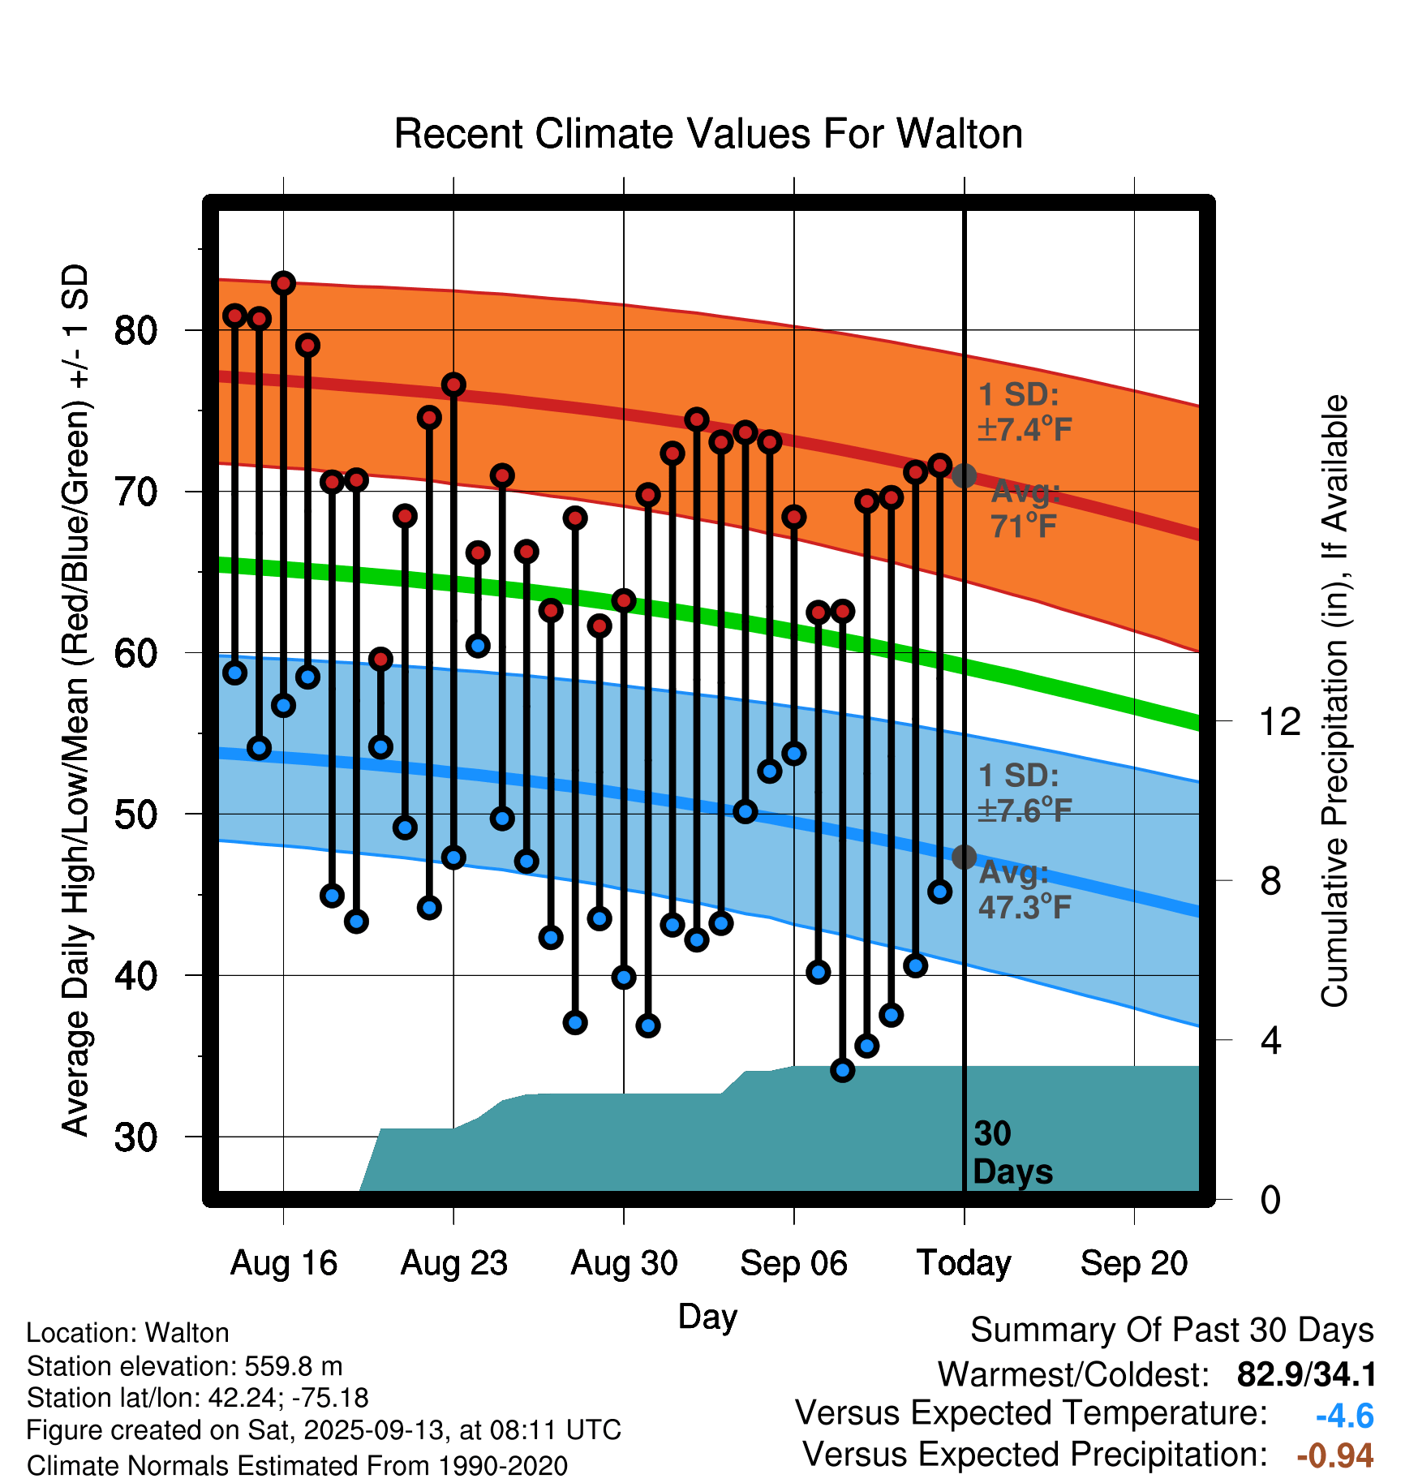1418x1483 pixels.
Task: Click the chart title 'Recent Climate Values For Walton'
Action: pos(707,134)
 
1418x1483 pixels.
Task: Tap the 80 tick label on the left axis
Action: pos(135,330)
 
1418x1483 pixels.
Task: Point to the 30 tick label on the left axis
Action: pos(135,1137)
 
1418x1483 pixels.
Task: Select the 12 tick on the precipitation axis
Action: pos(1279,721)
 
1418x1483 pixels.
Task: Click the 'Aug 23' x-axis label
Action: pos(453,1263)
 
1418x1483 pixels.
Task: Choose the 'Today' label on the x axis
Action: pos(964,1263)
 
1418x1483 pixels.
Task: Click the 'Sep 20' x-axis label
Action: pos(1133,1263)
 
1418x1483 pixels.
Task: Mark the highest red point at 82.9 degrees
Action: pos(283,283)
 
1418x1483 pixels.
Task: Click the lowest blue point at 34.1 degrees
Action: pos(842,1070)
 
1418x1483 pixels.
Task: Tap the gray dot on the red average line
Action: pos(964,475)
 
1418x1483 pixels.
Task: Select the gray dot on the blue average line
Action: pos(964,856)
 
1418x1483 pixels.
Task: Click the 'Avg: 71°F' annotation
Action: pos(1025,509)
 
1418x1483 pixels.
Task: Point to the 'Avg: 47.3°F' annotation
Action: pos(1025,890)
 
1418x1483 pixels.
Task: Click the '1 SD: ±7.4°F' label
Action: pos(1025,412)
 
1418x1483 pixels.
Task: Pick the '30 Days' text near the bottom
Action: pos(1012,1153)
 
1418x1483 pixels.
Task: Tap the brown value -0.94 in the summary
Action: pos(1334,1455)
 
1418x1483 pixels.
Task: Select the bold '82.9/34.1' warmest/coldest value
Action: pos(1306,1374)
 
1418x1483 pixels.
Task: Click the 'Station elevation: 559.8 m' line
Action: pos(184,1366)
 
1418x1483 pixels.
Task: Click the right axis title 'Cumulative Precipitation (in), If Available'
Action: pos(1334,701)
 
